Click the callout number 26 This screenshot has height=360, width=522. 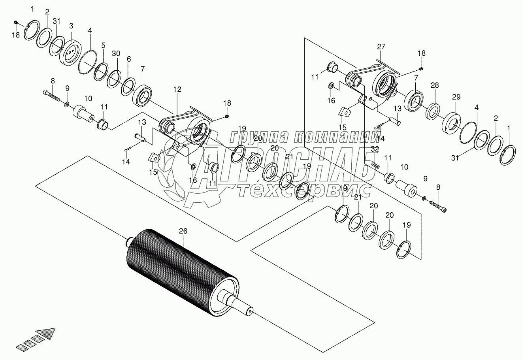(x=183, y=230)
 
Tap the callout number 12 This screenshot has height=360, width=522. (x=177, y=90)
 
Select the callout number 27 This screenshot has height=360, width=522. (x=381, y=47)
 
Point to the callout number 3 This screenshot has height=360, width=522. (x=71, y=26)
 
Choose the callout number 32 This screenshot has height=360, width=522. (x=375, y=149)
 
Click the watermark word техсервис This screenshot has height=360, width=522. (x=304, y=190)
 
